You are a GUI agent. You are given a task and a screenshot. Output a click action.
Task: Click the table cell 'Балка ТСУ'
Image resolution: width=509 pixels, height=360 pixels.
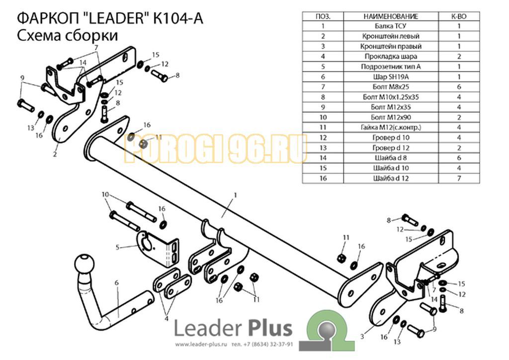coord(391,26)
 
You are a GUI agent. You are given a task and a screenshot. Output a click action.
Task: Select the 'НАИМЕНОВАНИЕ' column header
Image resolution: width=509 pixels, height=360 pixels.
coord(391,16)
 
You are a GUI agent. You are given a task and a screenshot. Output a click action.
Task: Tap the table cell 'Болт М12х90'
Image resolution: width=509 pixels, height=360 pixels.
coord(391,117)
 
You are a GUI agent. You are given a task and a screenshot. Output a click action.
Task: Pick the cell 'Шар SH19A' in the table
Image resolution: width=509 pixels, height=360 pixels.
coord(391,77)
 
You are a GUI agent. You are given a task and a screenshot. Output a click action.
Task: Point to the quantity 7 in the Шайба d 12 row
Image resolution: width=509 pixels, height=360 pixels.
coord(459,178)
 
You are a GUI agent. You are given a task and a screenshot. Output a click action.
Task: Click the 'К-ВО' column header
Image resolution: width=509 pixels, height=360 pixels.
coord(459,16)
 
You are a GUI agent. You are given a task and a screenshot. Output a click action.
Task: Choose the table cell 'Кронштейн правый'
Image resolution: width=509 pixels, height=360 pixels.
coord(391,46)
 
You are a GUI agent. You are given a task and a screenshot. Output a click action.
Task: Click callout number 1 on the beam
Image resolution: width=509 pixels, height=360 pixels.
coord(235,195)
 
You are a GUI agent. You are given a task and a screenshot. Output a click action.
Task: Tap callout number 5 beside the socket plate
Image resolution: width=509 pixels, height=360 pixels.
coord(117,247)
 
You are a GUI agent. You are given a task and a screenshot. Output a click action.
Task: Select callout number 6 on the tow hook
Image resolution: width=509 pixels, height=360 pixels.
coord(116,283)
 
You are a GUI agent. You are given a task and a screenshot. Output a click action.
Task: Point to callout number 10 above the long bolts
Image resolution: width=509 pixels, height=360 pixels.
coord(105,194)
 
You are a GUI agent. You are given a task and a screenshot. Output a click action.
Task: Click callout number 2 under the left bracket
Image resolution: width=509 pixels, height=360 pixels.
coord(55,154)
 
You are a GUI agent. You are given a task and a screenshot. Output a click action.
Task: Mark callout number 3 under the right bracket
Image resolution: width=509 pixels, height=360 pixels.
coord(362,336)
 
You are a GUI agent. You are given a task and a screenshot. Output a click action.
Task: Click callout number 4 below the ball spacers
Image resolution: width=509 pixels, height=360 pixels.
coord(166,318)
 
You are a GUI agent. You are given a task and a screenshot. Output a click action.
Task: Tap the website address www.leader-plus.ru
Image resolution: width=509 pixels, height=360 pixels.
coord(201,344)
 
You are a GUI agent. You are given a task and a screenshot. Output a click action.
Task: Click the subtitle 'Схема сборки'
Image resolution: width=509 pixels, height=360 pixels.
coord(67,35)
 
